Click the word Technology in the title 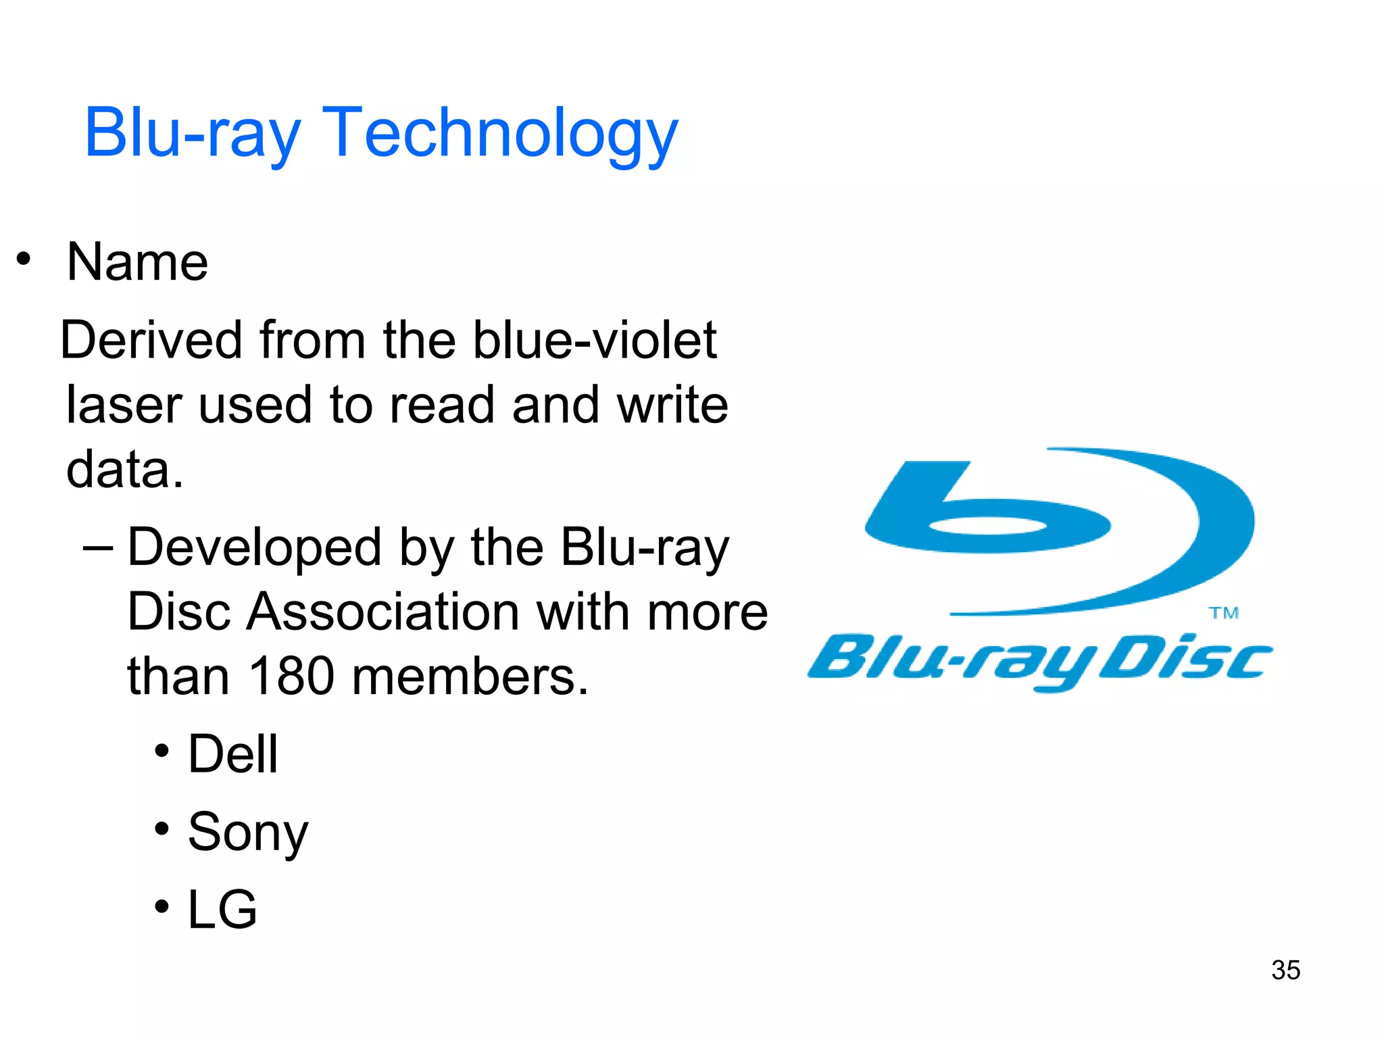point(500,133)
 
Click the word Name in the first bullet point(137,262)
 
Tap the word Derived point(151,340)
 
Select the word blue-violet point(594,340)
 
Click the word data point(124,470)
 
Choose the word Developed point(254,547)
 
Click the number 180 point(291,676)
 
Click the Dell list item point(232,754)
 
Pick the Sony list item point(247,833)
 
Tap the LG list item point(222,910)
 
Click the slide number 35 point(1285,970)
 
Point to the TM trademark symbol point(1223,614)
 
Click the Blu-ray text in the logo point(953,659)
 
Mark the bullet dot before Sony point(162,828)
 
